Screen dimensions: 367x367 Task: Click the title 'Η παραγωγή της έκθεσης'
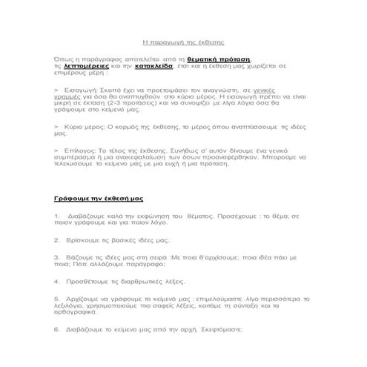tap(182, 44)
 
